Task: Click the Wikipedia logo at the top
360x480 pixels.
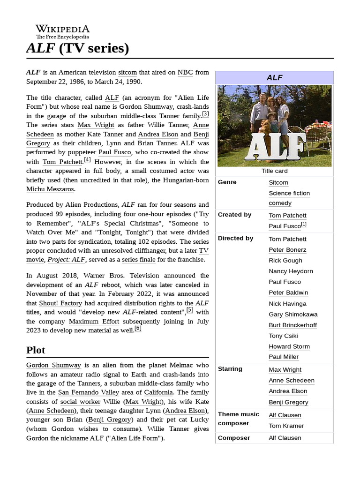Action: (x=62, y=31)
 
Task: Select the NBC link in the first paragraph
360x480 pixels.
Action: (x=185, y=73)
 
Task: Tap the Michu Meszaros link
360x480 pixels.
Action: (x=50, y=189)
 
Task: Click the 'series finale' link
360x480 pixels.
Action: (x=137, y=259)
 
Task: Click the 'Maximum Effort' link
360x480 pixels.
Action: (x=94, y=322)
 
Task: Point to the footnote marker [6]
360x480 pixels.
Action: (x=138, y=329)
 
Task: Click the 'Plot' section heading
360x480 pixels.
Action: (x=36, y=350)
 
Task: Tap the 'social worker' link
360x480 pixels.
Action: (x=80, y=402)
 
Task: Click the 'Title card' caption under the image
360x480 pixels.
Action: (x=274, y=171)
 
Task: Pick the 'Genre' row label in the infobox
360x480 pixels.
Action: (x=227, y=182)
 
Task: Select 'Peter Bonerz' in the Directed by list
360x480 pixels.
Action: (x=287, y=250)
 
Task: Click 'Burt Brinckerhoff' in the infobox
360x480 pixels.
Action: (x=292, y=325)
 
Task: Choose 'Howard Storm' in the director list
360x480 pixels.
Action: (x=289, y=346)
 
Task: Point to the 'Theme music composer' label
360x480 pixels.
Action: (x=238, y=419)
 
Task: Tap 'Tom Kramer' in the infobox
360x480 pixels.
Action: (x=286, y=426)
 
